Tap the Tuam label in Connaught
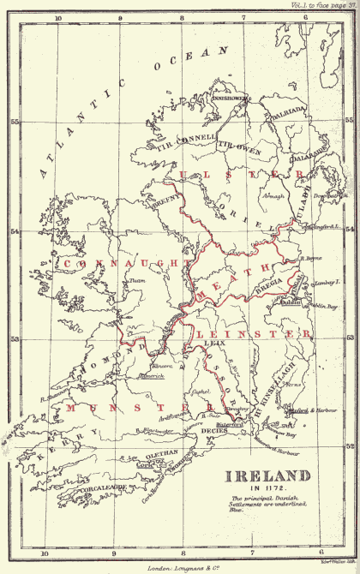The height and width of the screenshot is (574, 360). pyautogui.click(x=135, y=279)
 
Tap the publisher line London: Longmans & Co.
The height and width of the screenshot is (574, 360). pyautogui.click(x=179, y=567)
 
